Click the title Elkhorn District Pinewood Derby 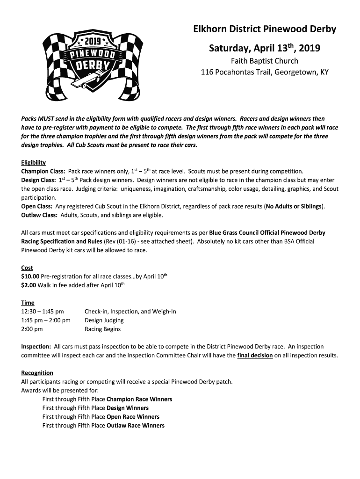point(265,29)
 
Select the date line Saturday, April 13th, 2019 point(265,48)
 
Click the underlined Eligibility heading point(33,162)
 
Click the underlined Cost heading point(27,268)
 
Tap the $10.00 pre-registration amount point(30,276)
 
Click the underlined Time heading point(28,303)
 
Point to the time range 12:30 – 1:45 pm point(43,312)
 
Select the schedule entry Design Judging point(104,320)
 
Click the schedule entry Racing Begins point(102,329)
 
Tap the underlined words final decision point(255,356)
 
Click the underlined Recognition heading point(37,373)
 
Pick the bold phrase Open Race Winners point(133,417)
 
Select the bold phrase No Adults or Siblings point(294,206)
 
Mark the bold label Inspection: point(36,347)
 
